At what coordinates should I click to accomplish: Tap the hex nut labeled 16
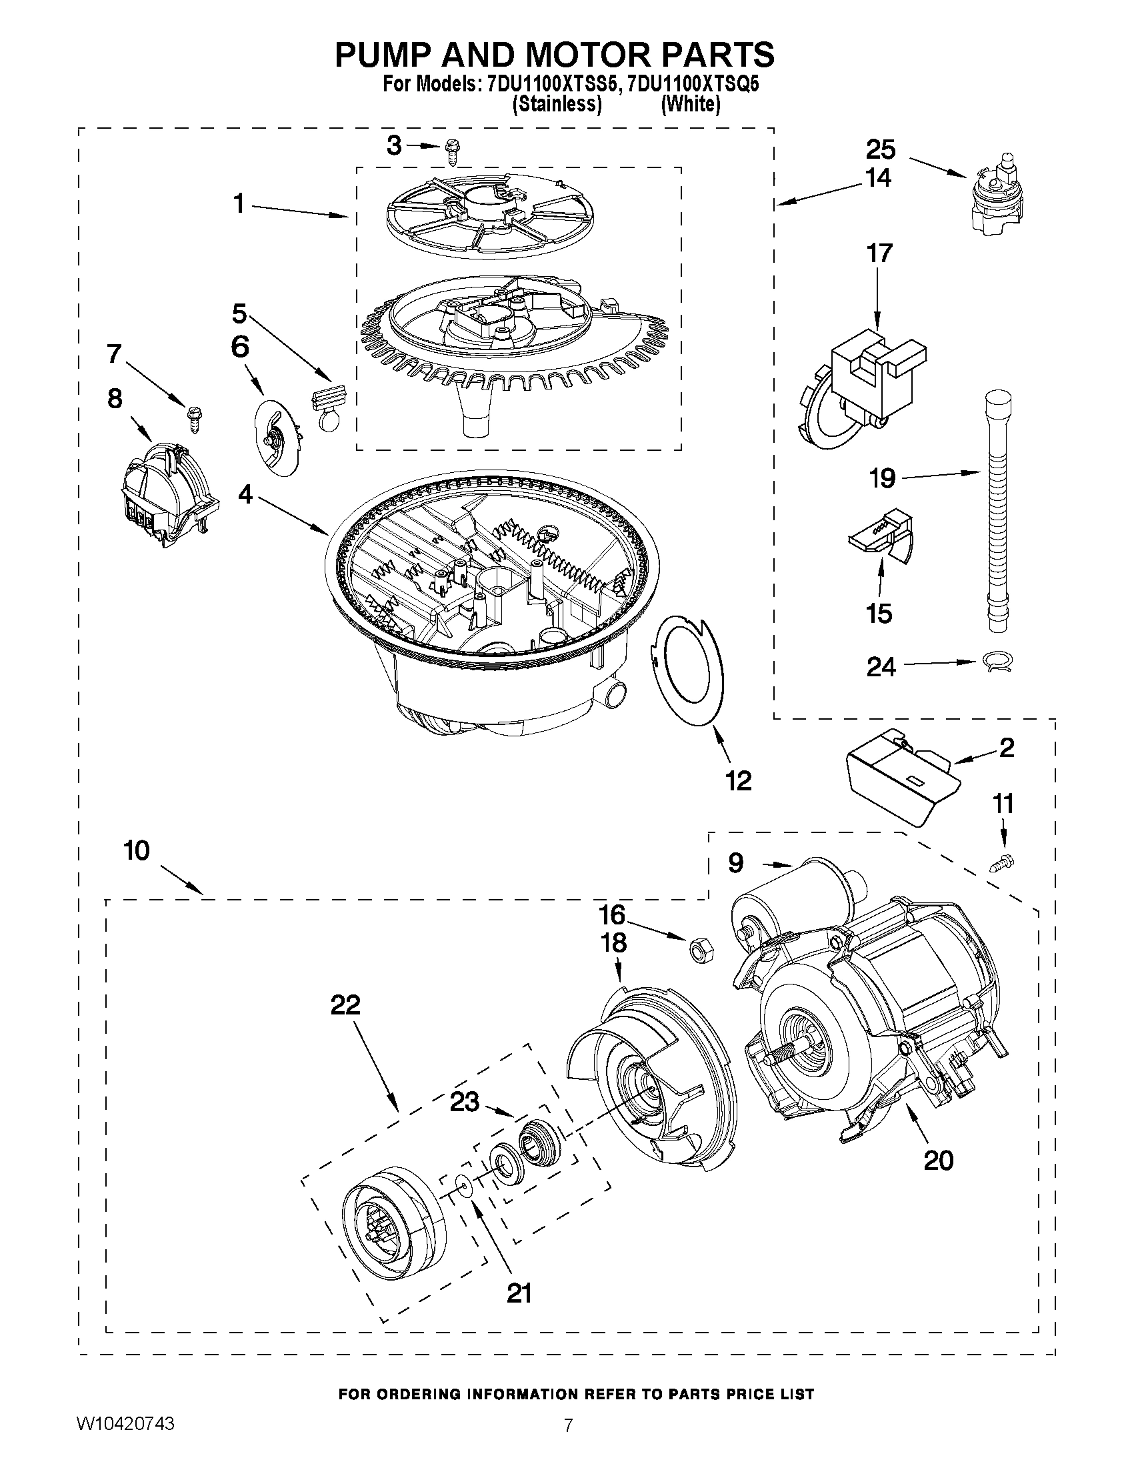[x=701, y=950]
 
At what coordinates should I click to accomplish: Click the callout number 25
[x=881, y=149]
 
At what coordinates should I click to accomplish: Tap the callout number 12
[x=738, y=781]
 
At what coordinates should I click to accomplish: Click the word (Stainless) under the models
[x=556, y=105]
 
